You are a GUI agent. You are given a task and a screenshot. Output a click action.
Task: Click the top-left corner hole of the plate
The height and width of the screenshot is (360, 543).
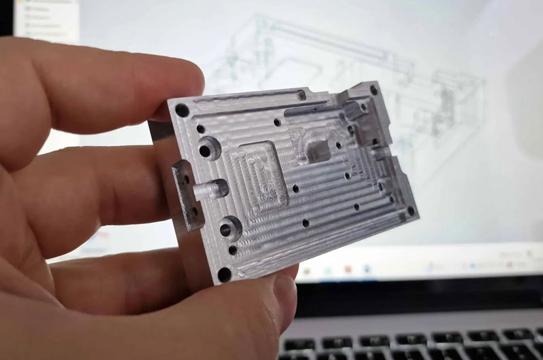(x=182, y=110)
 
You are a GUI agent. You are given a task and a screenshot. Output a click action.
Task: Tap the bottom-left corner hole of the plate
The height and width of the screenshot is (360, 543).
(x=225, y=274)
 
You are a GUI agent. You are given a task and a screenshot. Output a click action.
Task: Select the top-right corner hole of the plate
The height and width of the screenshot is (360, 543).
(x=374, y=89)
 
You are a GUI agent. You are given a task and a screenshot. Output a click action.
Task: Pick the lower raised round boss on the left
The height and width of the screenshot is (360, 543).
(x=231, y=226)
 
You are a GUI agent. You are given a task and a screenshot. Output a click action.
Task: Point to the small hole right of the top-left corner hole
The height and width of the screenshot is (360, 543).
(x=201, y=128)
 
